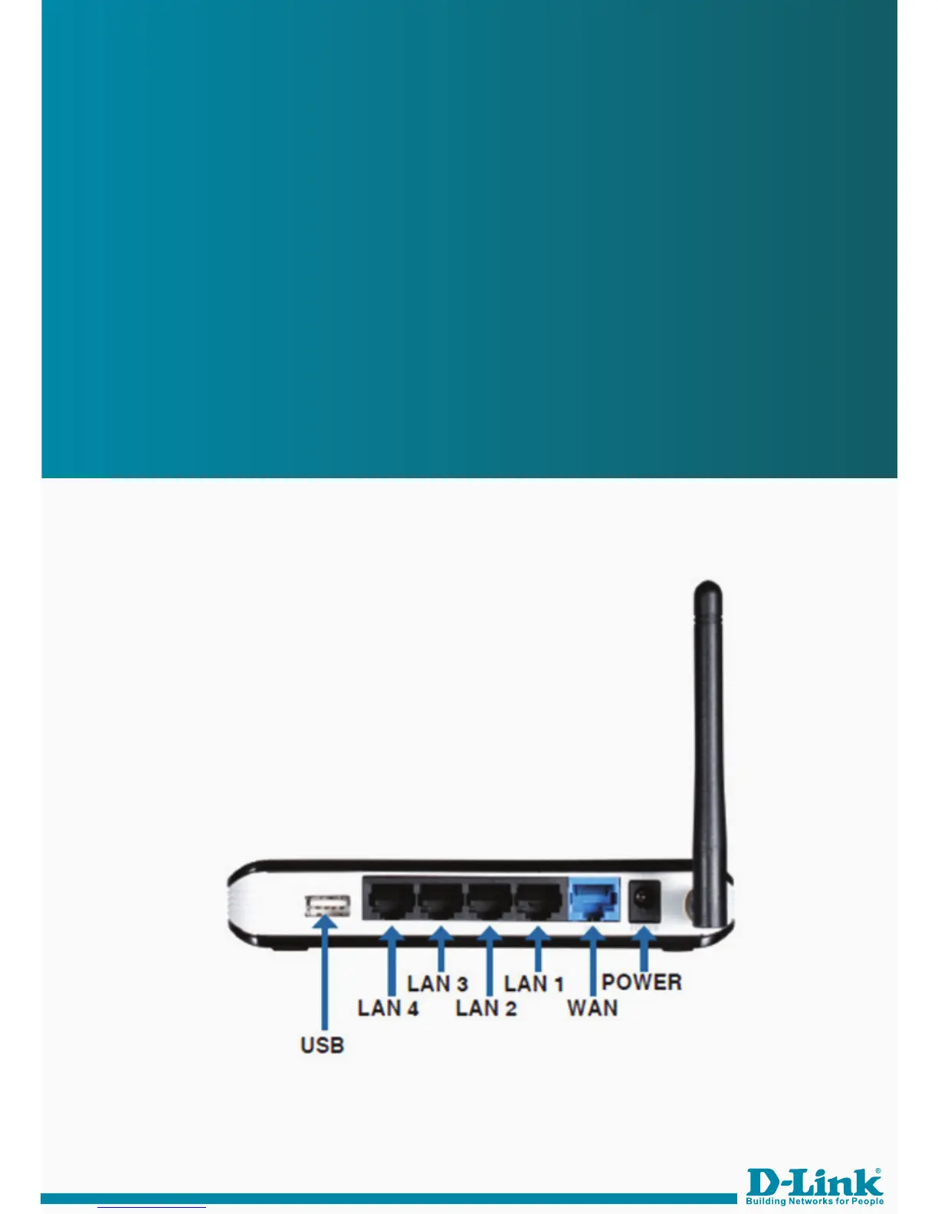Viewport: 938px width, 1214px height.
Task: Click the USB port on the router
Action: (x=327, y=906)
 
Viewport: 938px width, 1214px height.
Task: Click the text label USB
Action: (x=323, y=1045)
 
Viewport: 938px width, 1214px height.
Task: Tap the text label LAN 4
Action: (x=388, y=1007)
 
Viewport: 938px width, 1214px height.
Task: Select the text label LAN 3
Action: (x=438, y=983)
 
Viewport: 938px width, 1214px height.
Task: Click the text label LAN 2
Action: (x=486, y=1007)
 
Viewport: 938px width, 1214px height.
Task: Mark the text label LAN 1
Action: (x=534, y=983)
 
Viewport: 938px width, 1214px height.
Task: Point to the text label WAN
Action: (x=592, y=1007)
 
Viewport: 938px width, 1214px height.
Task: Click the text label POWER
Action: (x=641, y=982)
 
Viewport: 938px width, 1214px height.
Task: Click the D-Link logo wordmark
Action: (x=814, y=1181)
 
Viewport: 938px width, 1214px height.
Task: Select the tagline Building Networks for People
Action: (x=815, y=1201)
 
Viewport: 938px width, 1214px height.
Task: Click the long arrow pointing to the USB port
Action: (x=326, y=973)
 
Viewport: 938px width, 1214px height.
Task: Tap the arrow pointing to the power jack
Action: (x=644, y=950)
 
